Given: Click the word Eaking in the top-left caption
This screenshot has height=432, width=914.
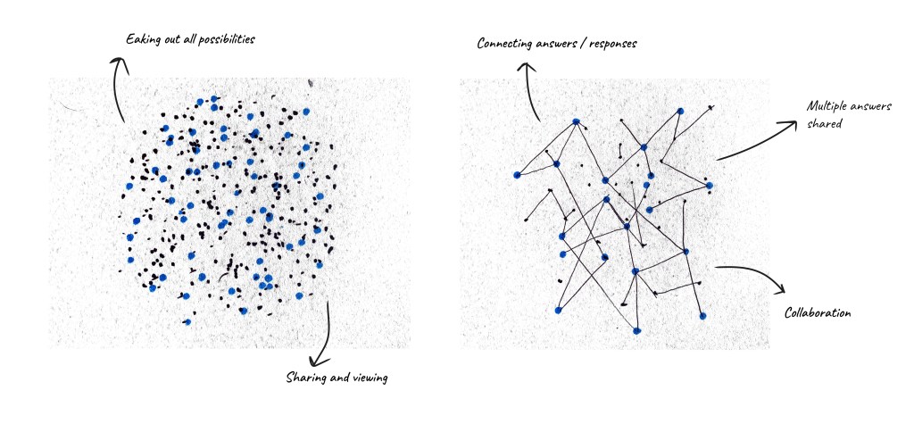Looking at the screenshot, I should click(143, 39).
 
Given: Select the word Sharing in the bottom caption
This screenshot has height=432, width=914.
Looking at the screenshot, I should click(303, 378).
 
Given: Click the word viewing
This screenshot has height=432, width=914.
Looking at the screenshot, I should click(369, 378).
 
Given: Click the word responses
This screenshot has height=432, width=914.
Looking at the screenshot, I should click(611, 43).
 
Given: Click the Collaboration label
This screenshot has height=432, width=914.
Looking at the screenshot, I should click(818, 313).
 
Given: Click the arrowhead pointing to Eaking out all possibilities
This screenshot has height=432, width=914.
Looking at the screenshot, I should click(115, 60).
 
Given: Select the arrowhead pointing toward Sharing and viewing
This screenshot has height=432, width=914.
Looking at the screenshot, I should click(328, 349).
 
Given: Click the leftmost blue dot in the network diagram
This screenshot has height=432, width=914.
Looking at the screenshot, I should click(517, 175).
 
